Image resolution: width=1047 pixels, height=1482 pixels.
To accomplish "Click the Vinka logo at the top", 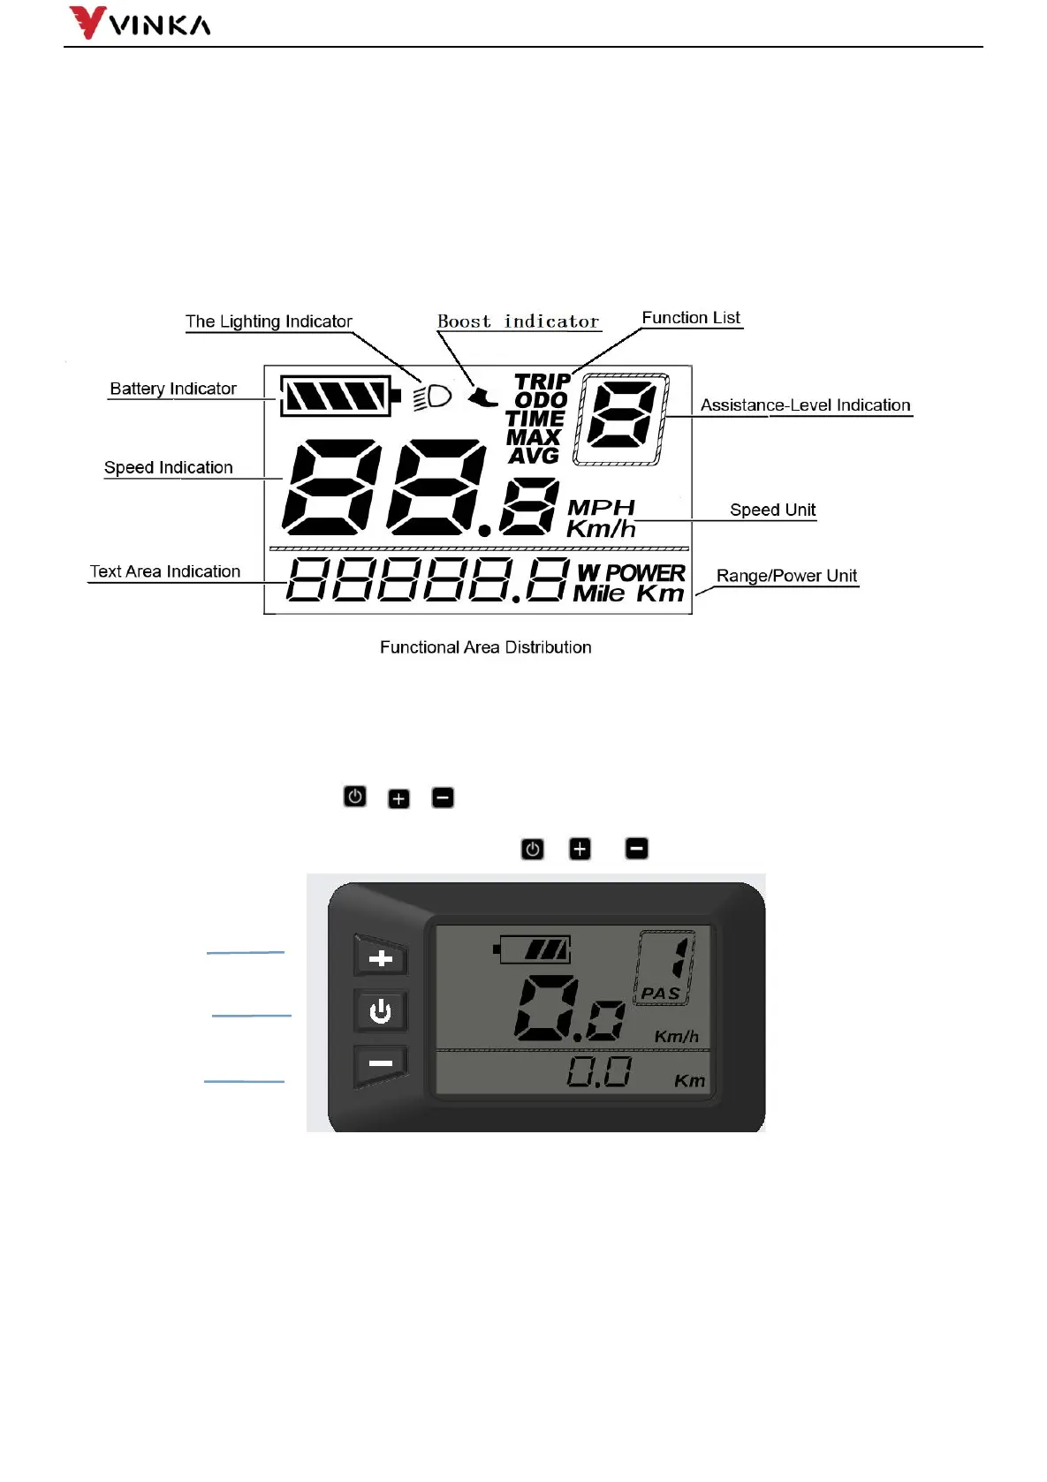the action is coord(140,23).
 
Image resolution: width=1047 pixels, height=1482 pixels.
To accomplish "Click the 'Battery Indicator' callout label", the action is coord(173,389).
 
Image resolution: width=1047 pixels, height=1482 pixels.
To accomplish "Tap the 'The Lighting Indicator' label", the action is coord(269,321).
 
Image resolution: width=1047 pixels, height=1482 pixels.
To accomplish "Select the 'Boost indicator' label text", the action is coord(519,321).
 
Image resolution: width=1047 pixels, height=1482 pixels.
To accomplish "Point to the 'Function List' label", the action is coord(691,318).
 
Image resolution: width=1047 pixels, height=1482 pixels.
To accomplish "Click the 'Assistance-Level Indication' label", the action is coord(805,405).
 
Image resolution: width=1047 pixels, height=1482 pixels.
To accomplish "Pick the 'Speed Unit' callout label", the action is coord(772,510).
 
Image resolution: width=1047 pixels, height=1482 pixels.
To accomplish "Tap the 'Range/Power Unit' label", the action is coord(786,576).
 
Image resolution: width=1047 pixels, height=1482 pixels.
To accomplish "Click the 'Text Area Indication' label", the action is coord(165,571).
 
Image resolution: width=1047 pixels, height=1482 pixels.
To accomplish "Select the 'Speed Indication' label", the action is coord(169,467).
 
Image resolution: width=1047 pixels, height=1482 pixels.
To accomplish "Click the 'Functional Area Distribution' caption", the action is coord(485,647).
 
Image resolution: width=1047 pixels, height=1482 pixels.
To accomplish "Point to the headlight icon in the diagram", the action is coord(433,397).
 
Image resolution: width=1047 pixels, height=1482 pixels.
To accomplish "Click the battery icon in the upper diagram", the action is coord(339,396).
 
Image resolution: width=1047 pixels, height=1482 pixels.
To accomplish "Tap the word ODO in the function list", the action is coord(541,400).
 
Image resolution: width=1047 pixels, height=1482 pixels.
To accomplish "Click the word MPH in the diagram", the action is coord(601,507).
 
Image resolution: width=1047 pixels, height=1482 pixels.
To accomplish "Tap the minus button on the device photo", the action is coord(381,1064).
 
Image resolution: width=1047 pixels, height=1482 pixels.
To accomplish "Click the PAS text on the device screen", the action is coord(660,994).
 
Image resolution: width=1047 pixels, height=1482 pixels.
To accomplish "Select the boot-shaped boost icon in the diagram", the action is coord(482,397).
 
